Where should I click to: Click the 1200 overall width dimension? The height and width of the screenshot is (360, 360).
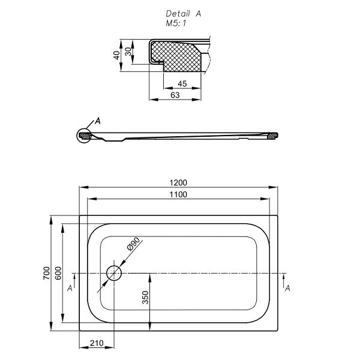tap(179, 183)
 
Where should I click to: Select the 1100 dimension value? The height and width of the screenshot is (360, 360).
tap(178, 194)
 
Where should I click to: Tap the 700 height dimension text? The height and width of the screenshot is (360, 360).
tap(46, 273)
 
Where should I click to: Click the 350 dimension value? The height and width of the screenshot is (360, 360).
tap(145, 298)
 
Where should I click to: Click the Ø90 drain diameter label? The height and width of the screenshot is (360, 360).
tap(133, 245)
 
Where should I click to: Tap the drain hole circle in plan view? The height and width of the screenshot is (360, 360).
tap(113, 273)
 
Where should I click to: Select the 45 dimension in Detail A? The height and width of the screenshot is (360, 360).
tap(182, 84)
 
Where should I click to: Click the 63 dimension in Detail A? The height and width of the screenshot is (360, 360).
tap(175, 95)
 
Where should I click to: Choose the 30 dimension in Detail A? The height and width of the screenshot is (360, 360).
tap(128, 52)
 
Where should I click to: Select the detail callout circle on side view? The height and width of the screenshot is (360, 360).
tap(84, 137)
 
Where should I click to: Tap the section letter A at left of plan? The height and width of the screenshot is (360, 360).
tap(70, 289)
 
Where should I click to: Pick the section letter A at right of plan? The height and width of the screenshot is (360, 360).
tap(287, 289)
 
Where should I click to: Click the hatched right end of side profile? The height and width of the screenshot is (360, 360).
tap(272, 136)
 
